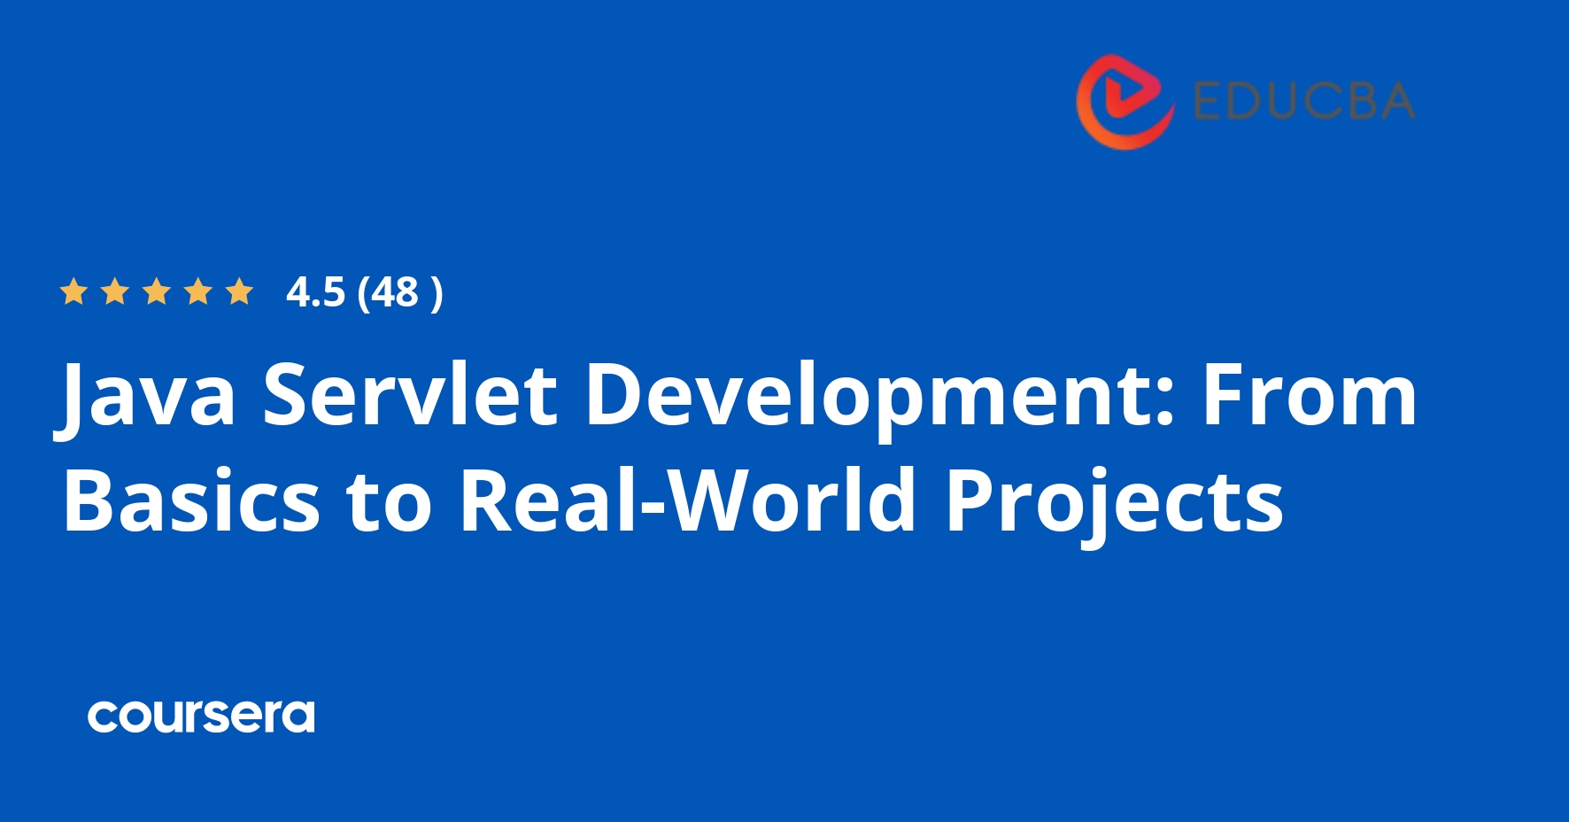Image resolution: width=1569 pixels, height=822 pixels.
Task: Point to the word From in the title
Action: [x=1309, y=396]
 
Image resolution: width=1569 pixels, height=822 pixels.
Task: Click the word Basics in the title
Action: [x=191, y=500]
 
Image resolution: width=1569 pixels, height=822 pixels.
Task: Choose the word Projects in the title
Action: [x=1114, y=500]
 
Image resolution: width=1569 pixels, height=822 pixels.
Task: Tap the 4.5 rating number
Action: [x=315, y=292]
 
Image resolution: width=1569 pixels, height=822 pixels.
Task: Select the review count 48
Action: [x=394, y=292]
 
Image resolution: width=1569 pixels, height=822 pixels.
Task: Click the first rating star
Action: [x=73, y=291]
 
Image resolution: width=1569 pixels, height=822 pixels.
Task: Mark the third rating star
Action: [x=157, y=291]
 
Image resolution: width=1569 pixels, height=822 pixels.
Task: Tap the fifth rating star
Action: [x=239, y=291]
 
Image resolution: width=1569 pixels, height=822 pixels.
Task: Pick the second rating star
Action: [x=114, y=291]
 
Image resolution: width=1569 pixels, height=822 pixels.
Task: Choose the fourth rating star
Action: [x=197, y=291]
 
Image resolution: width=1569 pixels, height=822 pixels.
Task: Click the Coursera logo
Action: [x=201, y=716]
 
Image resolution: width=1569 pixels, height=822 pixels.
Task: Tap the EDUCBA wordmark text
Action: [x=1303, y=101]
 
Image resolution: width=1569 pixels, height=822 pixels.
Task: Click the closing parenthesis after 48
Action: [x=436, y=292]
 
